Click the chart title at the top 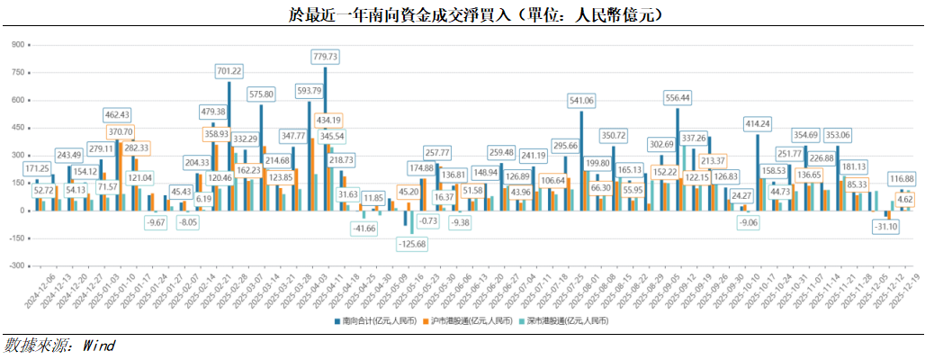coord(467,14)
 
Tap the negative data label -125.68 coord(415,245)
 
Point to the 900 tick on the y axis coord(15,44)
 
